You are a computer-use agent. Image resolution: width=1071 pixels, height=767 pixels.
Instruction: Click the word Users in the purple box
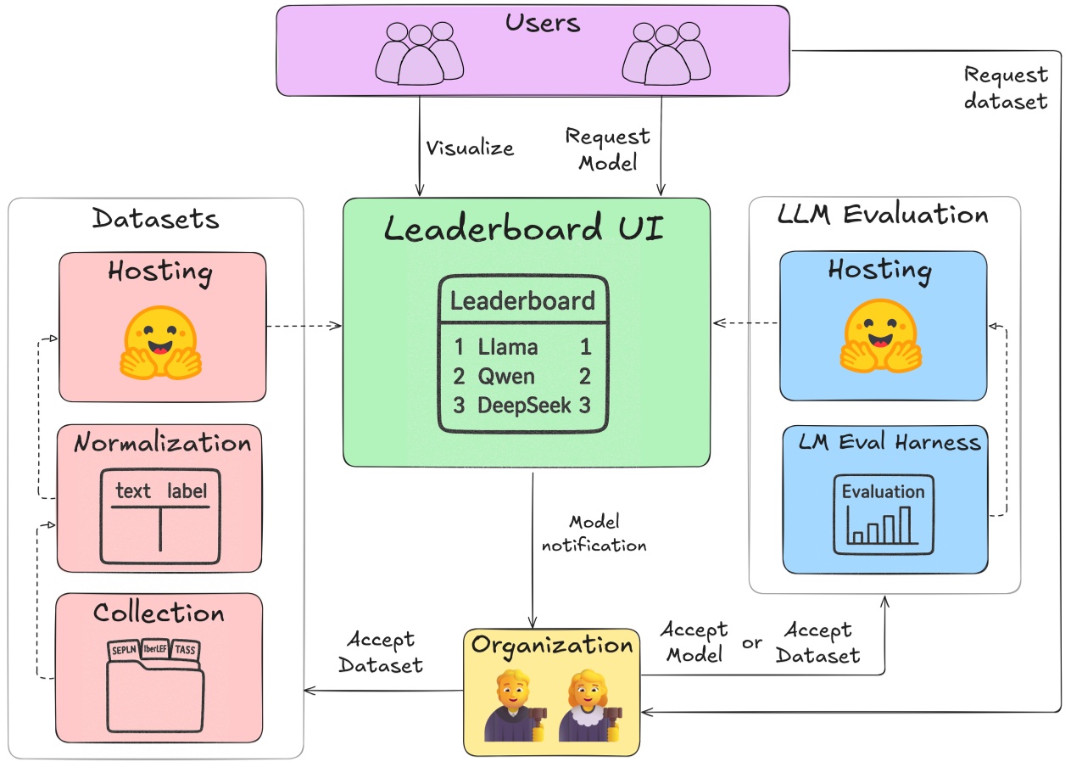click(x=543, y=23)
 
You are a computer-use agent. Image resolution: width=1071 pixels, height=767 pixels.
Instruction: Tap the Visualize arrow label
click(x=470, y=148)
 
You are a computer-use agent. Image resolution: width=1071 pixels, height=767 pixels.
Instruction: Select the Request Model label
click(x=608, y=148)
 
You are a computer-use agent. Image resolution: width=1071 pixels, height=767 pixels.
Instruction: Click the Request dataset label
click(x=1006, y=88)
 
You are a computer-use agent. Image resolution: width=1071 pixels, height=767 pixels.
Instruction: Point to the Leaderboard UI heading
click(x=524, y=230)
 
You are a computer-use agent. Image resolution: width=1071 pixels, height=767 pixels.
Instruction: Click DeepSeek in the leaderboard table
click(x=524, y=405)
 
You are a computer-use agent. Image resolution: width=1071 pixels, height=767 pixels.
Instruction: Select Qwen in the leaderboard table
click(x=507, y=376)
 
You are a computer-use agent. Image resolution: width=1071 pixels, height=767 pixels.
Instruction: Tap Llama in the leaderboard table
click(x=507, y=346)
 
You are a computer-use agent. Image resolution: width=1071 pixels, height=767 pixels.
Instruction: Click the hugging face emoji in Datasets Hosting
click(x=161, y=341)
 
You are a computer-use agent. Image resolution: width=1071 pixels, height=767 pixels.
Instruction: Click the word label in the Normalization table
click(x=187, y=490)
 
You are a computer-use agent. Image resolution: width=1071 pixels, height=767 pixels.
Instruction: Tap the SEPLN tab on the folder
click(x=124, y=650)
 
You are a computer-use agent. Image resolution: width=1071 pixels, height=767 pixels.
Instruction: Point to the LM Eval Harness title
click(x=890, y=441)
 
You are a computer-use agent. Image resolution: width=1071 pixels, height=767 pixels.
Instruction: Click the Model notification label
click(x=594, y=533)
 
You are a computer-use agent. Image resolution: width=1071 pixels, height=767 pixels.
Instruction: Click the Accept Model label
click(x=693, y=641)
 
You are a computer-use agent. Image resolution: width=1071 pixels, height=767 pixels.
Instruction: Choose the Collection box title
click(x=159, y=613)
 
